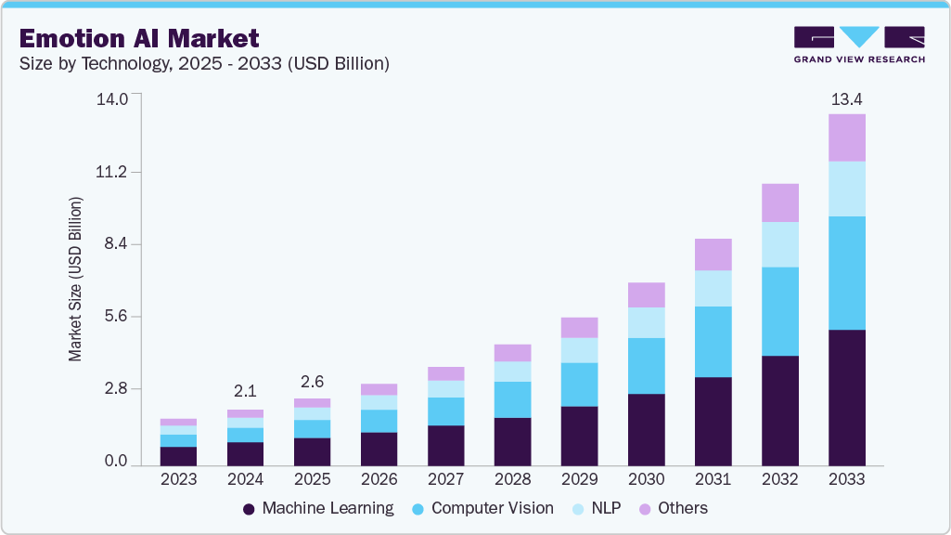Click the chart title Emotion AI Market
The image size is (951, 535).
point(138,39)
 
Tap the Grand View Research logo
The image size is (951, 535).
point(858,45)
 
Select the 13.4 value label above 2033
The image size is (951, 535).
point(846,99)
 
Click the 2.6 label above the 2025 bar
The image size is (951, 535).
point(312,382)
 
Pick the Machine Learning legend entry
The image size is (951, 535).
point(317,508)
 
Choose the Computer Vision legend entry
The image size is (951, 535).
point(482,508)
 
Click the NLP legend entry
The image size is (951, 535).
point(599,508)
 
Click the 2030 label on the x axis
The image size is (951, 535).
point(646,479)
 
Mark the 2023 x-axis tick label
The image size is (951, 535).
point(178,479)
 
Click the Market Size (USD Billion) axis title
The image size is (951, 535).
point(76,279)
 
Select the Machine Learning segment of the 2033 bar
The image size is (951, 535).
point(846,397)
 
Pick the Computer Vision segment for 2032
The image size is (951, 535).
point(779,311)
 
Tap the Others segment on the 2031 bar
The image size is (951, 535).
point(713,254)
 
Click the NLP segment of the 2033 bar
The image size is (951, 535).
point(846,189)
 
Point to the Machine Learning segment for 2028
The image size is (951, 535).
point(512,441)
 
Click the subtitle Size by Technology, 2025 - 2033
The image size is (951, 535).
point(203,64)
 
